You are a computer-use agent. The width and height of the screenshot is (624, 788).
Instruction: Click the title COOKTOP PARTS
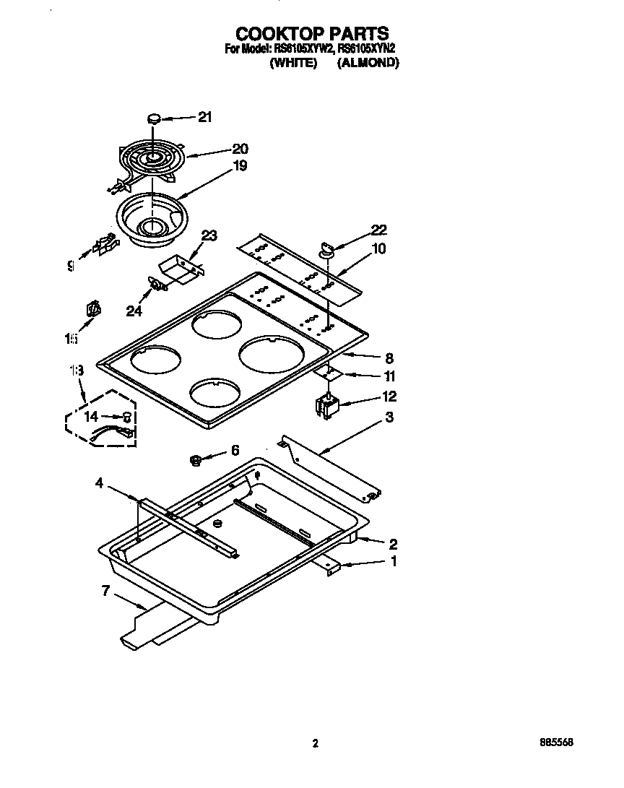point(312,33)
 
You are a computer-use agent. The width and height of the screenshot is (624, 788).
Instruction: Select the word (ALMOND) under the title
point(368,63)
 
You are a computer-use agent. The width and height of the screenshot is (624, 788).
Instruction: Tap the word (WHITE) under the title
point(293,63)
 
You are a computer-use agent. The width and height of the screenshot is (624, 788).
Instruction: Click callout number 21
point(205,118)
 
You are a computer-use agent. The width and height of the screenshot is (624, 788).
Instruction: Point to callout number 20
point(239,150)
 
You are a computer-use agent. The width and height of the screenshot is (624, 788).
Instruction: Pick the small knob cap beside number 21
point(154,118)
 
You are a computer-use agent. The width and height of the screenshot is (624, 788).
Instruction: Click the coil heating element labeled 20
point(152,159)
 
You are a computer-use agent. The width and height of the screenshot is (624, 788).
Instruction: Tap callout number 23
point(209,235)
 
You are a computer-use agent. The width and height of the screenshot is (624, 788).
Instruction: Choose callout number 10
point(379,249)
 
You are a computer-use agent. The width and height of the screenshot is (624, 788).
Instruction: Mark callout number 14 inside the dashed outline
point(91,416)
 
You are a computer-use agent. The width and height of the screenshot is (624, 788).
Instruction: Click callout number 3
point(389,417)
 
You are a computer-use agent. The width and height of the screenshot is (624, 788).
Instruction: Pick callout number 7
point(105,591)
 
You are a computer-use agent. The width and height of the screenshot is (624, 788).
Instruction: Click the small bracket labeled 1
point(333,568)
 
